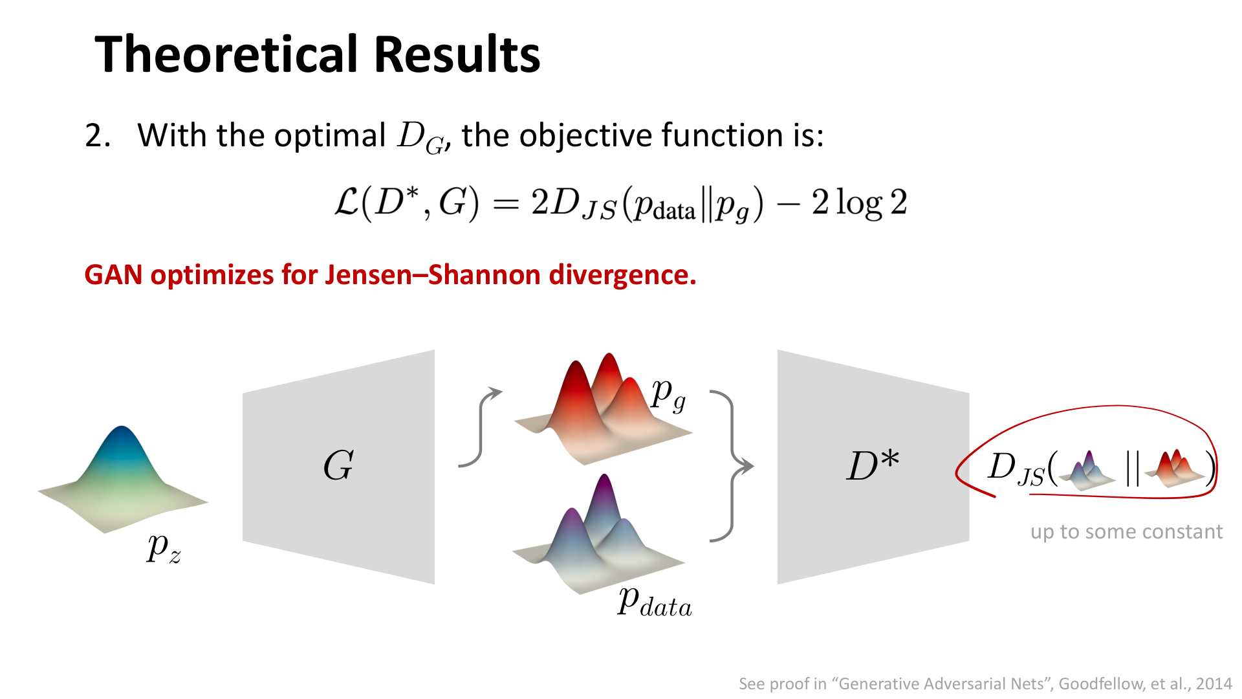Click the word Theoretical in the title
(x=228, y=54)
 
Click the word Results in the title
(x=457, y=54)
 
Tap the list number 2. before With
(x=98, y=136)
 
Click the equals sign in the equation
(x=506, y=204)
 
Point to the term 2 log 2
(x=860, y=203)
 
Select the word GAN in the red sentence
(x=113, y=275)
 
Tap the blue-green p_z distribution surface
(x=123, y=479)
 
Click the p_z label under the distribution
(x=164, y=549)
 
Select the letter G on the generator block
(x=338, y=465)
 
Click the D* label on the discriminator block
(x=873, y=465)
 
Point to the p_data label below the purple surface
(x=655, y=602)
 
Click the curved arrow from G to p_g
(x=481, y=427)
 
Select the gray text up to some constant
(x=1126, y=532)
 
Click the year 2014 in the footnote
(x=1214, y=684)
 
